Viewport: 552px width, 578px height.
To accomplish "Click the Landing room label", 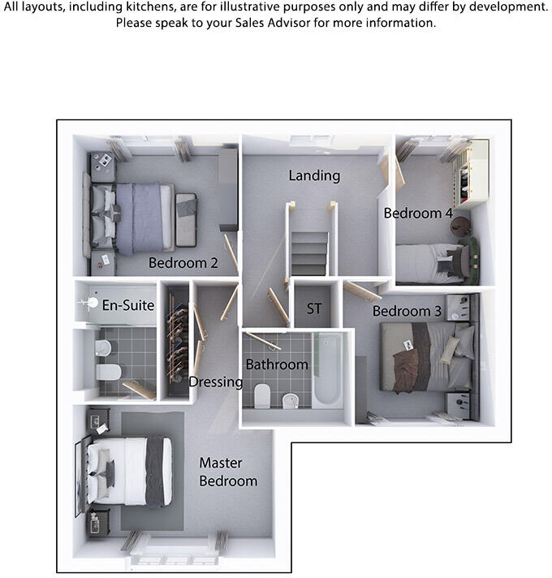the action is (x=314, y=175).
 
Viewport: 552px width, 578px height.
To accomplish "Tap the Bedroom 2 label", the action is (x=183, y=263).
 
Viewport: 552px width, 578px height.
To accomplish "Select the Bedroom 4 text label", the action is (x=418, y=213).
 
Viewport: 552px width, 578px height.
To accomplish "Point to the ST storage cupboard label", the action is (x=314, y=308).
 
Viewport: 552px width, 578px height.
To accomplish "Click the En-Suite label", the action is (x=128, y=305).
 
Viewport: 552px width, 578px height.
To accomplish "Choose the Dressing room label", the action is (x=216, y=382).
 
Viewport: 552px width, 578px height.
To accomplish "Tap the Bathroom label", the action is (x=277, y=364).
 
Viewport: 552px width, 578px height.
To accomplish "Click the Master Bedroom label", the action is (x=228, y=472).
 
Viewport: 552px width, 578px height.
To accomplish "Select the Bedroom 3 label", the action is (x=407, y=311).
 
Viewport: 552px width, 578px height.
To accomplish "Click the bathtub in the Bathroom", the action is (x=327, y=369).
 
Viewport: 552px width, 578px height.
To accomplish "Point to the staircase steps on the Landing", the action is (x=309, y=253).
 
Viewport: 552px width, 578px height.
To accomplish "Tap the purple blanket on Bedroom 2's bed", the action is (x=140, y=218).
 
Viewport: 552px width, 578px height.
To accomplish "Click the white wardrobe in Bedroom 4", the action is (x=471, y=173).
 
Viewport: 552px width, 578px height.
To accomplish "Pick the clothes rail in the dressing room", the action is (x=178, y=339).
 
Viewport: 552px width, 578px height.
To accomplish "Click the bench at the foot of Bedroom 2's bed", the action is (x=186, y=220).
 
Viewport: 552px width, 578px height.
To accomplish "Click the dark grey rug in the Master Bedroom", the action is (x=153, y=471).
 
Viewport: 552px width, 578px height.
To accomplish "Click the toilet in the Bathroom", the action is (x=262, y=395).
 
